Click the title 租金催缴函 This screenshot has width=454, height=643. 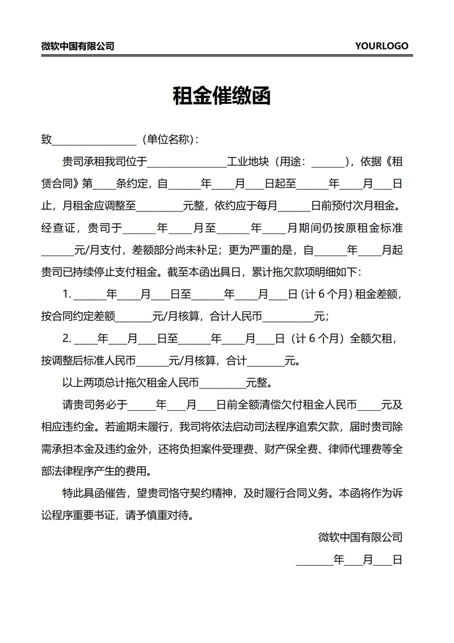(x=221, y=96)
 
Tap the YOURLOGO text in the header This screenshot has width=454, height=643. (x=381, y=46)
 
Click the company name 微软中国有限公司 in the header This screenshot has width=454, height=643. (x=77, y=46)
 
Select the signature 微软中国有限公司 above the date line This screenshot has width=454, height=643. (x=360, y=537)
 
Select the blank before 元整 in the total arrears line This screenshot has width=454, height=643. (x=222, y=383)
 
